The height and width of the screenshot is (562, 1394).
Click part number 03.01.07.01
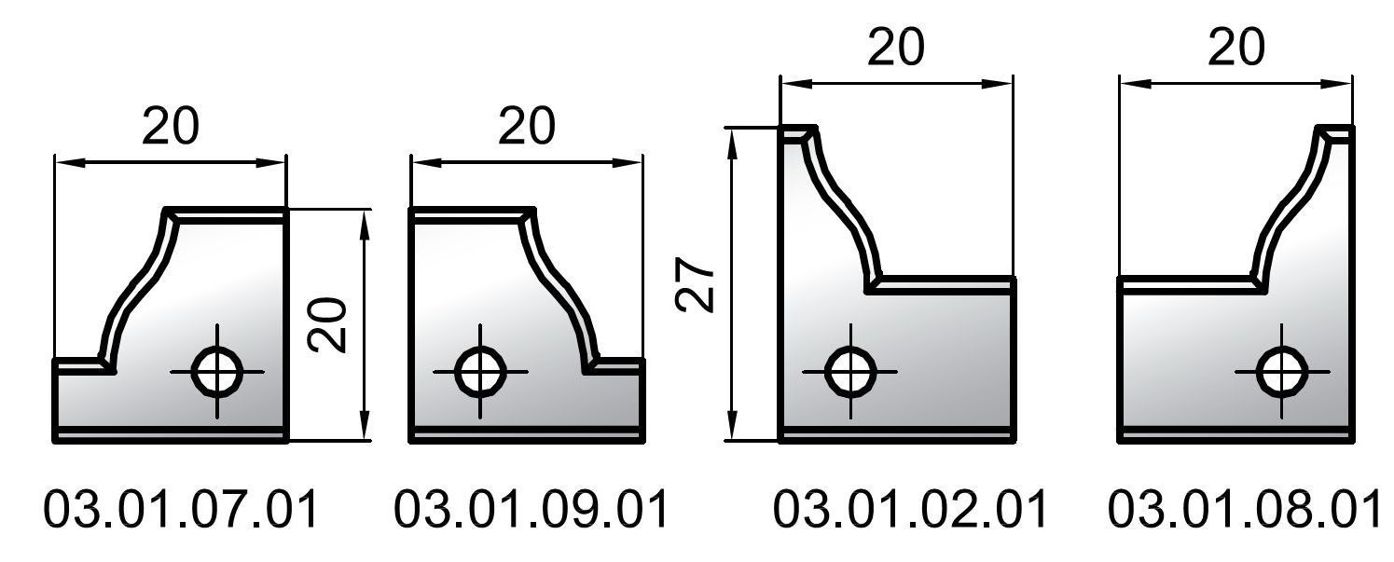(181, 509)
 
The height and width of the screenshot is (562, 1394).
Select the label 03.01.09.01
(531, 509)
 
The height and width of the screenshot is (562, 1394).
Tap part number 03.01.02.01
(910, 509)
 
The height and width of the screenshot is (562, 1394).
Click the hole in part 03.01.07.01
(217, 372)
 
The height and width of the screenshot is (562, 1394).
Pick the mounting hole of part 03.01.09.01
(480, 372)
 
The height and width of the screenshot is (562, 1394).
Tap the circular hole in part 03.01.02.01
(850, 372)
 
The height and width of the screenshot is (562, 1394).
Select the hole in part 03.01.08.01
(1282, 372)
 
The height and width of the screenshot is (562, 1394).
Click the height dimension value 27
(695, 284)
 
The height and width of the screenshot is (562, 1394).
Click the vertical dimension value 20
(327, 325)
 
